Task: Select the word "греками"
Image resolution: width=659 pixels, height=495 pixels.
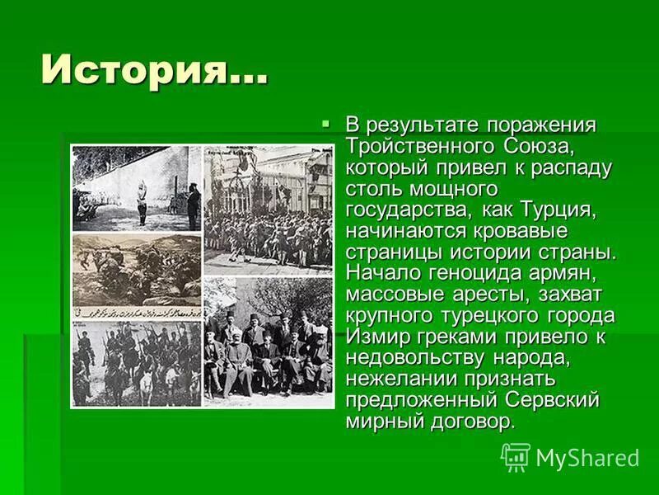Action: [x=464, y=337]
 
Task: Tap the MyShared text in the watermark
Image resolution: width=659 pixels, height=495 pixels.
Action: [x=587, y=459]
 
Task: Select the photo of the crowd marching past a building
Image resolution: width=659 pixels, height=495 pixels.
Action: [x=268, y=210]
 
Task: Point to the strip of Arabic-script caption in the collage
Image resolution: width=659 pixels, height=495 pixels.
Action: [x=137, y=313]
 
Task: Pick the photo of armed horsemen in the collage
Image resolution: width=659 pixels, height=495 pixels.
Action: [x=137, y=363]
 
